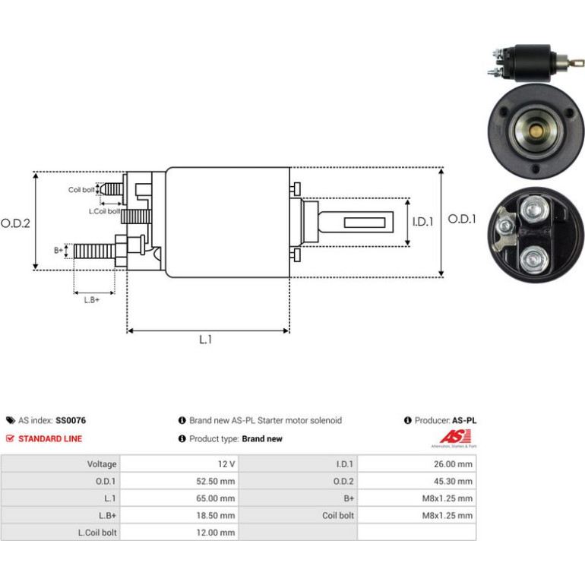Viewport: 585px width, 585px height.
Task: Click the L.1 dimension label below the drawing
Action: pos(205,340)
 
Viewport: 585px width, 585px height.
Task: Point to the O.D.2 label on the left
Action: pos(15,223)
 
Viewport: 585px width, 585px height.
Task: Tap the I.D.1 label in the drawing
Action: pos(422,222)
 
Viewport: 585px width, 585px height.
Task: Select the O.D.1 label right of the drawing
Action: pos(462,219)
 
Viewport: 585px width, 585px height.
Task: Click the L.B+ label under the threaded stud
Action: pos(92,300)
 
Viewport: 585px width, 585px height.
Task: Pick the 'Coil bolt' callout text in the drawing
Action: pos(81,190)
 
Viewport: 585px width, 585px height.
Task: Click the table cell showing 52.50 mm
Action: pos(216,481)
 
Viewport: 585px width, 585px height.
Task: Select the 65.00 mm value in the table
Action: pos(216,498)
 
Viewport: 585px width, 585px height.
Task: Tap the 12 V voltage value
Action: pos(226,464)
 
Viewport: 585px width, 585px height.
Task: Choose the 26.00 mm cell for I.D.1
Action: pos(453,464)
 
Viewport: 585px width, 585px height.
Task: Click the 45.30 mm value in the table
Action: pos(453,481)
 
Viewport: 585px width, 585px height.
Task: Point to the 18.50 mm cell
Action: pos(216,516)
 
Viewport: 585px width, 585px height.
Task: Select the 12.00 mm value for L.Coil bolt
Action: pos(216,533)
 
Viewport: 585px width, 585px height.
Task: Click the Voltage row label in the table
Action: pos(102,464)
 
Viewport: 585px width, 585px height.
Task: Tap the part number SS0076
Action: pos(71,420)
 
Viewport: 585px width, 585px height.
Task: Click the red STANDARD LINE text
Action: pos(50,439)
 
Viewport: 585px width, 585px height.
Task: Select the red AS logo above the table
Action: pos(455,437)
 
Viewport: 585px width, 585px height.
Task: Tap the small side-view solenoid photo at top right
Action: pos(535,63)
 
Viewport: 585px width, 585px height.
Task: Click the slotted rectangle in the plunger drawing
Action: pos(365,223)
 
